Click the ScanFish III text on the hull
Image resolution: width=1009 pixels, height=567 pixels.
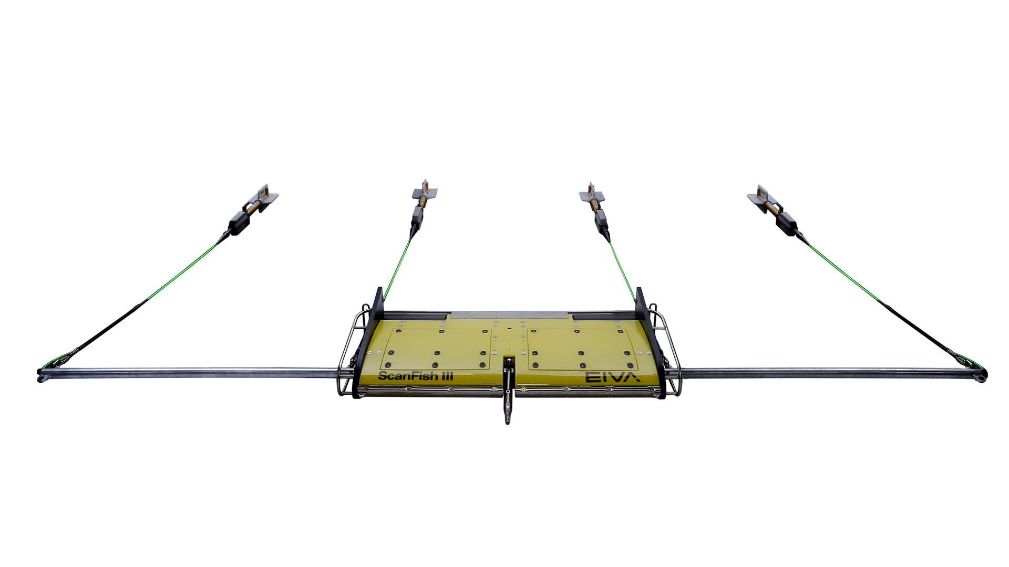pyautogui.click(x=415, y=376)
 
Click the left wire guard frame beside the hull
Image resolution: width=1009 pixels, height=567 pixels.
pyautogui.click(x=348, y=357)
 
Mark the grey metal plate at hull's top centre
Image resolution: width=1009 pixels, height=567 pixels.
pyautogui.click(x=510, y=315)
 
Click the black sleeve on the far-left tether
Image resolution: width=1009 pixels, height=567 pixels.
pyautogui.click(x=105, y=331)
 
